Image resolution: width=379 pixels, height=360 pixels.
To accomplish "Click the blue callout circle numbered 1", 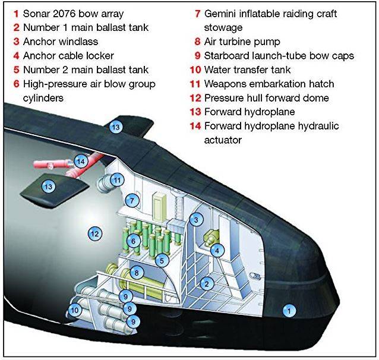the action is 289,311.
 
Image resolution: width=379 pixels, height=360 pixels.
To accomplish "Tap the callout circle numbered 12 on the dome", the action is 95,233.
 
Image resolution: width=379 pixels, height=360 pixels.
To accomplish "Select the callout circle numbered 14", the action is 81,161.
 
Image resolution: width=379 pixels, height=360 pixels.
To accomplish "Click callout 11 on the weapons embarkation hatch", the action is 117,180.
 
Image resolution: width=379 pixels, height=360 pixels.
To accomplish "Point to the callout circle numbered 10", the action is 75,310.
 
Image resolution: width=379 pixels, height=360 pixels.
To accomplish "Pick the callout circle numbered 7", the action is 132,200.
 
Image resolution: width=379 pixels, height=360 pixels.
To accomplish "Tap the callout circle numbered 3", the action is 196,220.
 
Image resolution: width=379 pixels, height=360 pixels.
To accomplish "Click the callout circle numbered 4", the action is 217,251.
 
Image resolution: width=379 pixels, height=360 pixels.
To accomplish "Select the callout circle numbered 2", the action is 207,283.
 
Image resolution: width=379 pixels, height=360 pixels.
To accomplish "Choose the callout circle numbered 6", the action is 134,241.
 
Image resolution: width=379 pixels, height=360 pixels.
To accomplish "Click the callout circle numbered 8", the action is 137,273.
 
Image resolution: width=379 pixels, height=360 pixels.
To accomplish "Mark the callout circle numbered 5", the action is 162,261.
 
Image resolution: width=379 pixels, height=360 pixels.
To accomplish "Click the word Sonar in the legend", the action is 36,14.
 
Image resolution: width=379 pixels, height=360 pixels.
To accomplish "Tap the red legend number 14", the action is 195,126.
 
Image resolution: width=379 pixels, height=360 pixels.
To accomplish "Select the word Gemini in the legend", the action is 220,14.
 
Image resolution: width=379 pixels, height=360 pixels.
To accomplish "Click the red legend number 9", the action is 198,56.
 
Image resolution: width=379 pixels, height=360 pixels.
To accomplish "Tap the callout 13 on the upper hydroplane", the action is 116,127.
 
